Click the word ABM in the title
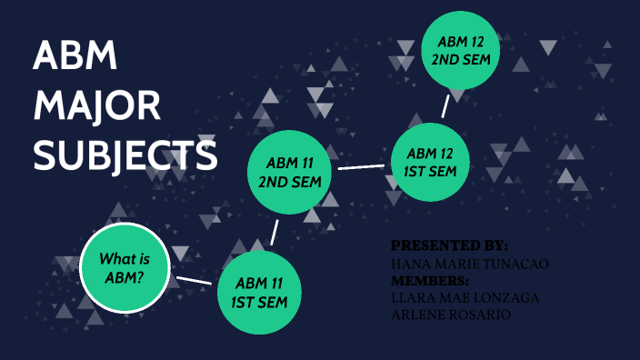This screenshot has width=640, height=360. click(x=75, y=58)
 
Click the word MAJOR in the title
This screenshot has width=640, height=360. click(x=97, y=106)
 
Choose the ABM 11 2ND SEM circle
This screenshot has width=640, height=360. click(x=290, y=171)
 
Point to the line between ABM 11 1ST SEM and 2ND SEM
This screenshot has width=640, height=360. click(x=275, y=231)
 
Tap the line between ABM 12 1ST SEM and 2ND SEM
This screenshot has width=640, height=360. click(x=445, y=105)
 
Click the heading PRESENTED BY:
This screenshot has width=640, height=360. click(x=449, y=246)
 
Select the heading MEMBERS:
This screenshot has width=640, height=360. click(x=429, y=281)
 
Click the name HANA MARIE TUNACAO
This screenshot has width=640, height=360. click(x=469, y=264)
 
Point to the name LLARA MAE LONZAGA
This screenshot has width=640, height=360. click(x=463, y=298)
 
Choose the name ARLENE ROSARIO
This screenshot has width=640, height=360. click(x=450, y=315)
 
